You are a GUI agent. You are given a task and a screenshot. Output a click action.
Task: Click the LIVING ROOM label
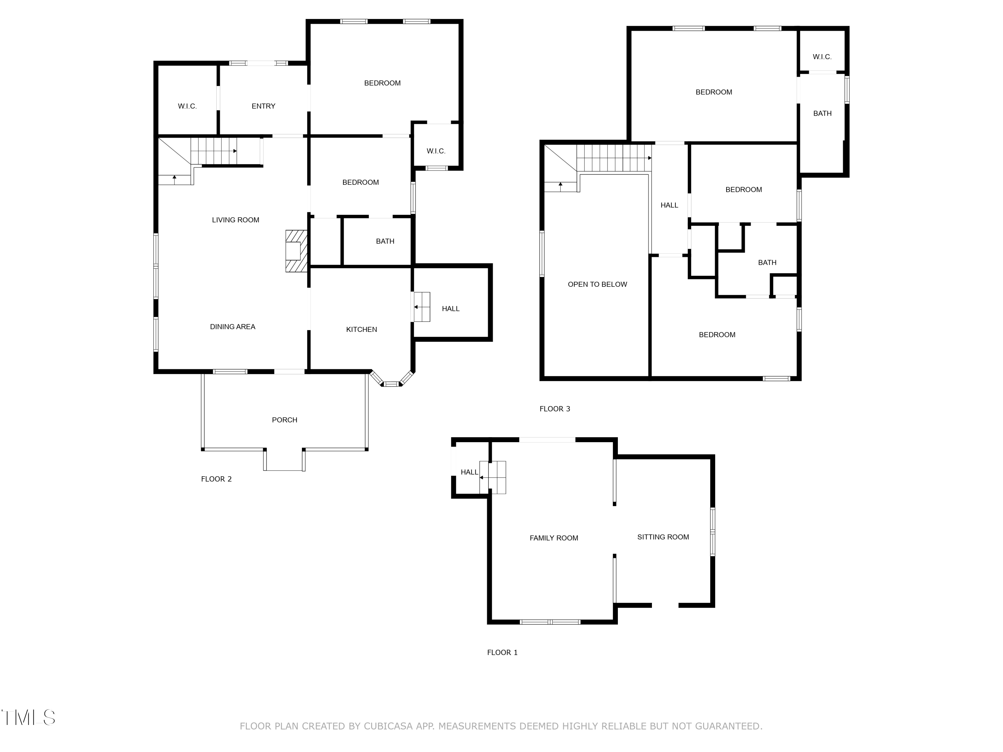(x=235, y=220)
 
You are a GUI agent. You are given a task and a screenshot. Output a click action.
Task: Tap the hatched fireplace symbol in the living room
(x=296, y=251)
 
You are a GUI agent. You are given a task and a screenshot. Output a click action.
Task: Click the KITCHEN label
(x=361, y=330)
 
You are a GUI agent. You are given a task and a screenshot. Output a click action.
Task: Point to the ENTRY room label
(x=263, y=106)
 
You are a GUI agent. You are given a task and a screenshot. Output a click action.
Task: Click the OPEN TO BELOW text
(x=597, y=284)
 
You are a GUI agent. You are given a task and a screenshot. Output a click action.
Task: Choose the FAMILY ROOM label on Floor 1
(x=554, y=538)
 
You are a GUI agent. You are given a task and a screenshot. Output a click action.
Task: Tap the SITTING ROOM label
(x=663, y=537)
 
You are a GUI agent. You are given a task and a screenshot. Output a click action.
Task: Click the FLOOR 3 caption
(x=555, y=409)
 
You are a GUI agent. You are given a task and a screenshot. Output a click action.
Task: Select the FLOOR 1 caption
(x=502, y=652)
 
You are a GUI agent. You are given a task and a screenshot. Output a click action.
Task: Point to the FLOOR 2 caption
(x=216, y=479)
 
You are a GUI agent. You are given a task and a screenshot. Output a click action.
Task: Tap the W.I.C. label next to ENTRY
(x=187, y=106)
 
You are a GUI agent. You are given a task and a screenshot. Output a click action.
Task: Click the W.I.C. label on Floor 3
(x=822, y=57)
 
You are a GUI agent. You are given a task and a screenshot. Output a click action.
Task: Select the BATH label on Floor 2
(x=385, y=241)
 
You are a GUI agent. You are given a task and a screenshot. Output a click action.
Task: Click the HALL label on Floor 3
(x=669, y=205)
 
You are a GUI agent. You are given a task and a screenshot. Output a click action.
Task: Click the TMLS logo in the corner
(x=28, y=718)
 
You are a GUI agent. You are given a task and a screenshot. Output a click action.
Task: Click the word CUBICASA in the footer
(x=388, y=726)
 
